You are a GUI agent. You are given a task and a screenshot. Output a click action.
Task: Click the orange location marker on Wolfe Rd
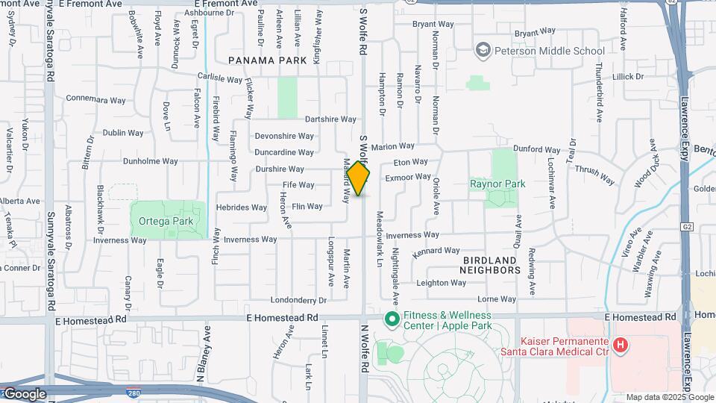(x=359, y=179)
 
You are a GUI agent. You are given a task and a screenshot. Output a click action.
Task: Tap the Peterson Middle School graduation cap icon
(x=483, y=51)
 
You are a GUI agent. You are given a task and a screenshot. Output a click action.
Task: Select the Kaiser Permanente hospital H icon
(x=619, y=345)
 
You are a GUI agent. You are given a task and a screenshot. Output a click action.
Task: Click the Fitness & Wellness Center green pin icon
(x=389, y=319)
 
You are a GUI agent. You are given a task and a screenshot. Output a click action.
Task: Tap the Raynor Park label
(x=497, y=184)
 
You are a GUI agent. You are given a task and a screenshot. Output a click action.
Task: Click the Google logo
(x=24, y=394)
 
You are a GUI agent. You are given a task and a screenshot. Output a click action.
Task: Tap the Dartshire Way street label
(x=330, y=119)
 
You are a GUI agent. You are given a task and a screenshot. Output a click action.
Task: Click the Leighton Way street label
(x=441, y=283)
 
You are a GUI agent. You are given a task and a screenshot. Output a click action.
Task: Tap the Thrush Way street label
(x=594, y=175)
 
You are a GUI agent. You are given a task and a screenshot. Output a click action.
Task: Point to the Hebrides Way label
(x=241, y=207)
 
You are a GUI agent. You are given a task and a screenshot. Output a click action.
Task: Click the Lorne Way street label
(x=497, y=299)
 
